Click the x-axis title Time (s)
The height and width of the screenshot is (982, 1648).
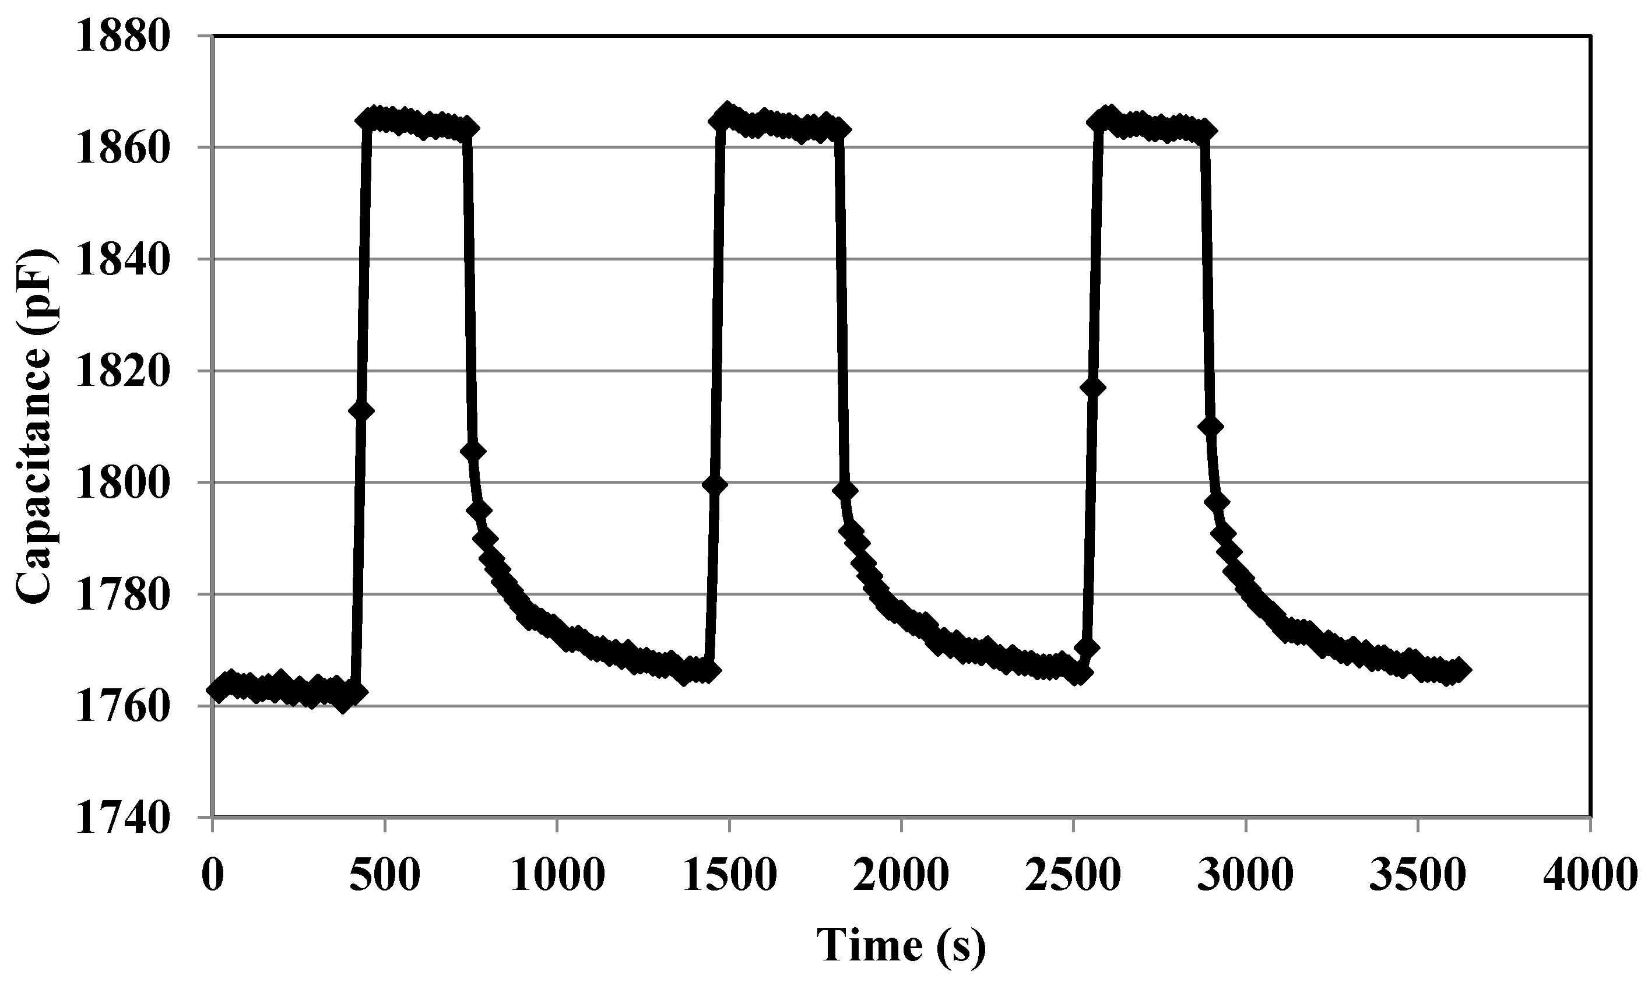click(901, 945)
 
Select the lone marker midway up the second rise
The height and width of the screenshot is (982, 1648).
click(715, 484)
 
